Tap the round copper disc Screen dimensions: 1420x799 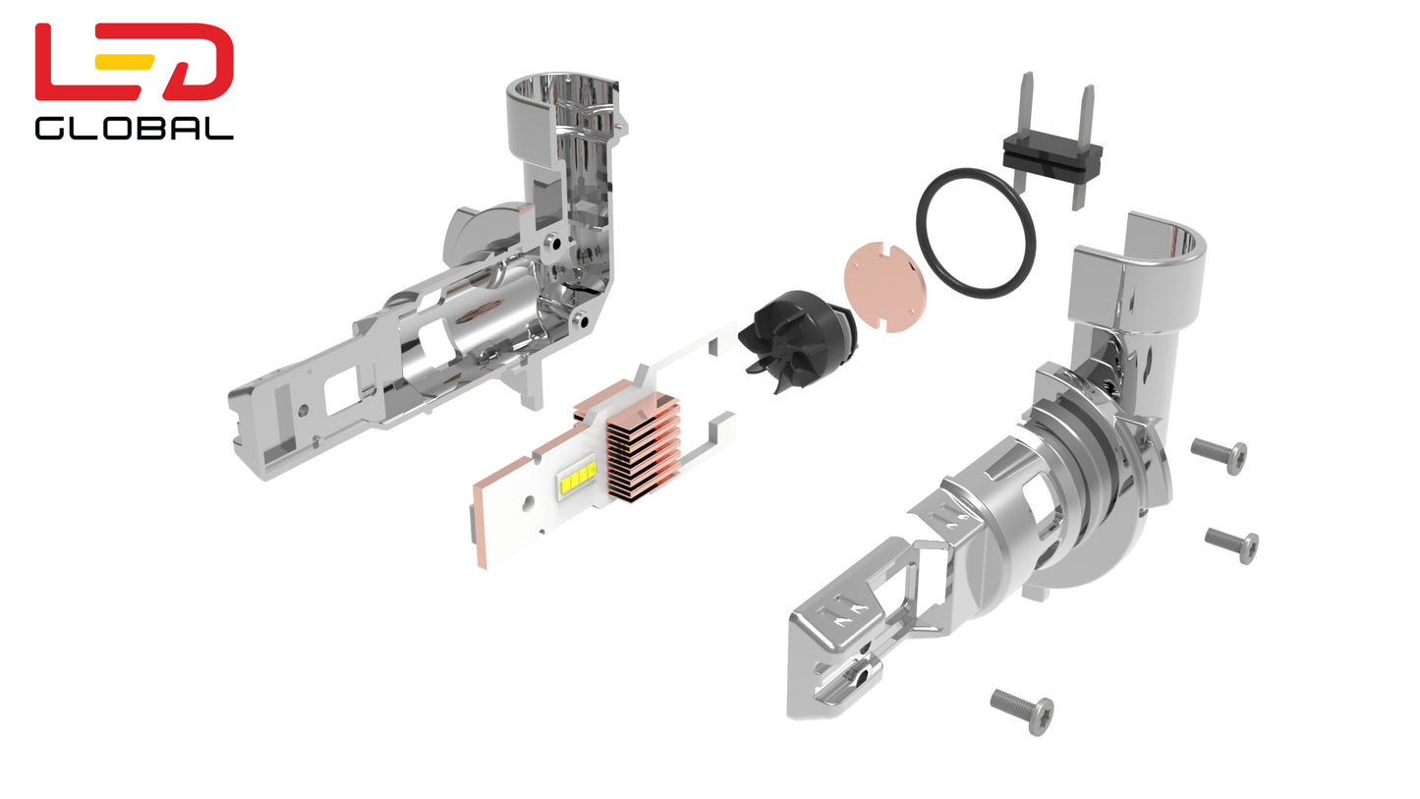885,286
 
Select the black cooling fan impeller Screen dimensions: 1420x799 799,339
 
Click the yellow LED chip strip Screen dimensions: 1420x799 577,478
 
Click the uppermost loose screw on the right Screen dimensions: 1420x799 1220,455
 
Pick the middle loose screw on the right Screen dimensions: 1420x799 1232,544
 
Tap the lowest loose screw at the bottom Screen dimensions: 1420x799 1023,711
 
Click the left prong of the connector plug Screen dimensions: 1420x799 1026,109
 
